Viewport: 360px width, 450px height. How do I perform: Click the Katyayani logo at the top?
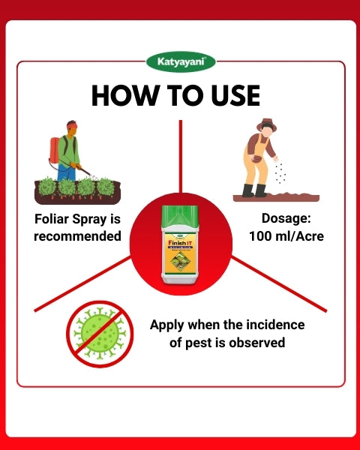pos(180,62)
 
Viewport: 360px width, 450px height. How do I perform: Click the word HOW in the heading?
pos(121,95)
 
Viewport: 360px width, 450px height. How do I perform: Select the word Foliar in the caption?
pos(53,220)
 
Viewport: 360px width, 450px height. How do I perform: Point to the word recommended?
pos(78,236)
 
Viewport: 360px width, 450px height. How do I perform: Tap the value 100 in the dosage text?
pos(261,236)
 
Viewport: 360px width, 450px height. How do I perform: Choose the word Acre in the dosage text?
pos(300,236)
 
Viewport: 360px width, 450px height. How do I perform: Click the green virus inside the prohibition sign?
pos(100,332)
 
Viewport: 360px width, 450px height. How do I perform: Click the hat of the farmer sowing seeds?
pos(266,124)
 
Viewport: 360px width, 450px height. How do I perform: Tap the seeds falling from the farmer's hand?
pos(280,172)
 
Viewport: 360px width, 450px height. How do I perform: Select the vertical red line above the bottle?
pos(180,154)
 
